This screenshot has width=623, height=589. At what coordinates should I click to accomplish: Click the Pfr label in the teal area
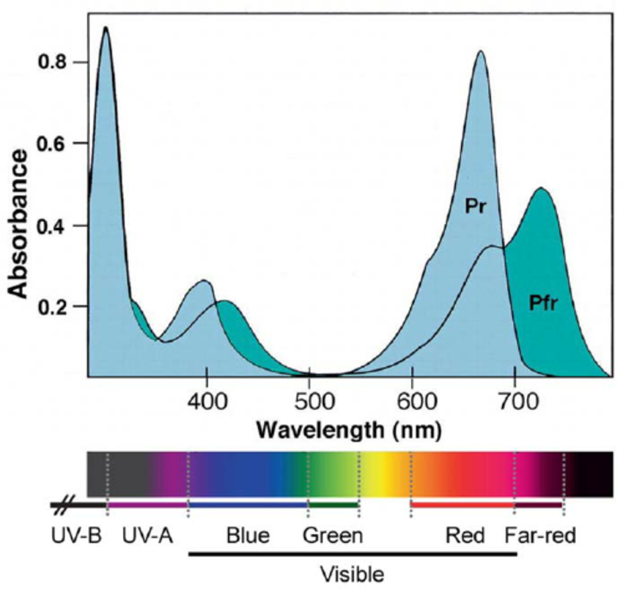coord(542,302)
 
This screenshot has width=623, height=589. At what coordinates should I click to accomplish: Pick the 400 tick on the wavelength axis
coord(207,400)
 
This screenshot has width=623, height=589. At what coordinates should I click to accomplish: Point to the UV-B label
coord(75,536)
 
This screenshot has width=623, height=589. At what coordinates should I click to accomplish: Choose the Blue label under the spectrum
coord(248,536)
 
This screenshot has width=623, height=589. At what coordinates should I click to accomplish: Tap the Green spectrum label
coord(333,536)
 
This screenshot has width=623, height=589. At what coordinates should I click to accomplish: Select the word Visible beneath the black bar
coord(352,571)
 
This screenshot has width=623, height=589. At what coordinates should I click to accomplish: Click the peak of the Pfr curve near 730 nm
coord(541,188)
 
